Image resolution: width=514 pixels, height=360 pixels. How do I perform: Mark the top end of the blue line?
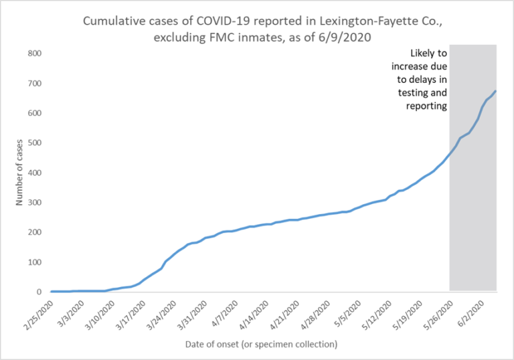495,91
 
